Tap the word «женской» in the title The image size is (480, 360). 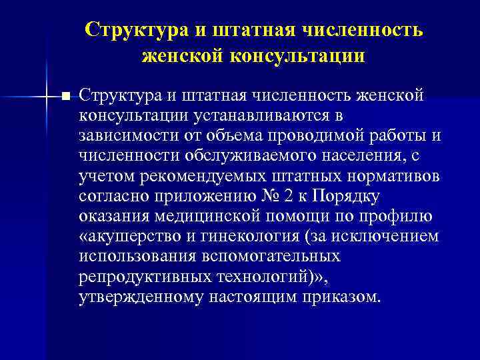pyautogui.click(x=183, y=55)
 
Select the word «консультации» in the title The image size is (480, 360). pyautogui.click(x=298, y=55)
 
